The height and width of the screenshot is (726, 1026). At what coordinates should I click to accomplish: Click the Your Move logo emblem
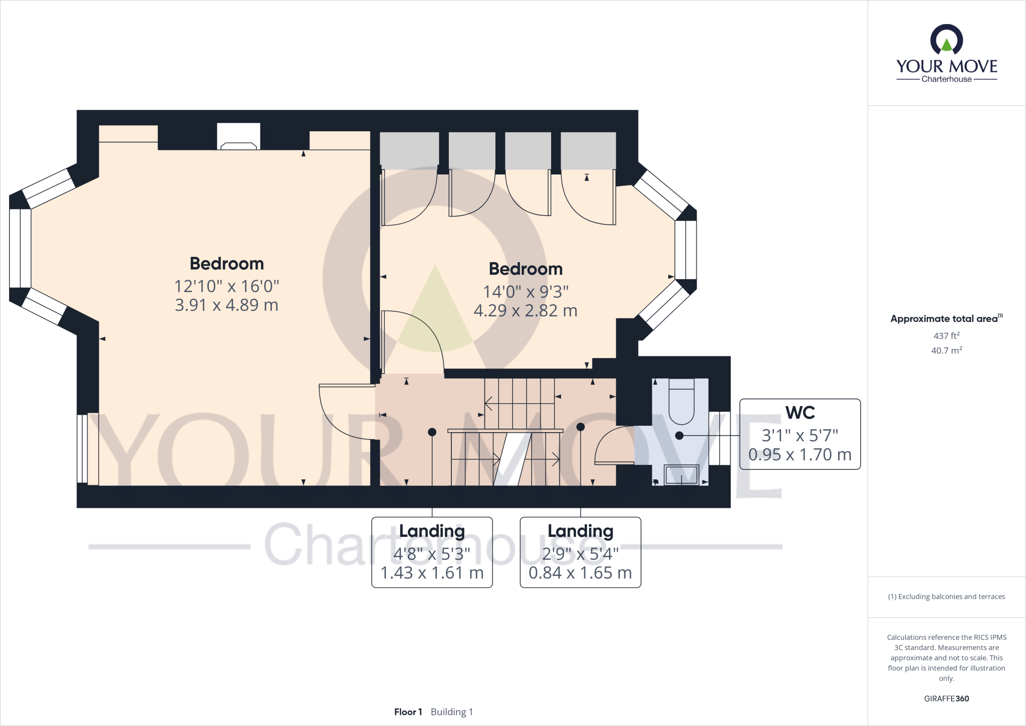(x=946, y=40)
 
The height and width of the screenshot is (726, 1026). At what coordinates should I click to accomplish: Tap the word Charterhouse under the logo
(x=946, y=79)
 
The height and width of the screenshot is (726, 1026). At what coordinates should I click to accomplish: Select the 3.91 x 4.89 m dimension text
(x=226, y=305)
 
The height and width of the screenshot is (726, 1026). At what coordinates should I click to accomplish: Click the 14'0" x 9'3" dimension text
(x=526, y=291)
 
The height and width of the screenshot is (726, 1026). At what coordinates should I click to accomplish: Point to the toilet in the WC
(x=681, y=404)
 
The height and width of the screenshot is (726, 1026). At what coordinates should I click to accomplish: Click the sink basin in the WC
(x=681, y=474)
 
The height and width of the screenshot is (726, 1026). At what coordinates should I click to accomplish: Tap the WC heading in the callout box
(x=800, y=413)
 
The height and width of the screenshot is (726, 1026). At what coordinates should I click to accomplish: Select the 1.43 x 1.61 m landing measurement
(x=432, y=573)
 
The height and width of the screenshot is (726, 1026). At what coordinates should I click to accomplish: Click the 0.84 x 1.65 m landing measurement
(x=580, y=573)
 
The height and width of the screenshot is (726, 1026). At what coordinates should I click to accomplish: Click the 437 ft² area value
(x=946, y=335)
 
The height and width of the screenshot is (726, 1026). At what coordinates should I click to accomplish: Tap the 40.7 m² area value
(x=946, y=350)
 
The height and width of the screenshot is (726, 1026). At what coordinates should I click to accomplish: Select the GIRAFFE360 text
(x=946, y=698)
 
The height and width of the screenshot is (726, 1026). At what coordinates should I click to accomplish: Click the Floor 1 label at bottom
(x=408, y=712)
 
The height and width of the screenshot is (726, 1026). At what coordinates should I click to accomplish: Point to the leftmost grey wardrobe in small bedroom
(x=409, y=150)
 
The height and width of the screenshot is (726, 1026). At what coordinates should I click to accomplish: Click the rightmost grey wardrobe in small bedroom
(x=588, y=150)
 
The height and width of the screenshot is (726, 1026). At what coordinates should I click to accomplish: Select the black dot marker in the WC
(x=679, y=436)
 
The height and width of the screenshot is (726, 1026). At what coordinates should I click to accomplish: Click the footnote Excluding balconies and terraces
(x=946, y=597)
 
